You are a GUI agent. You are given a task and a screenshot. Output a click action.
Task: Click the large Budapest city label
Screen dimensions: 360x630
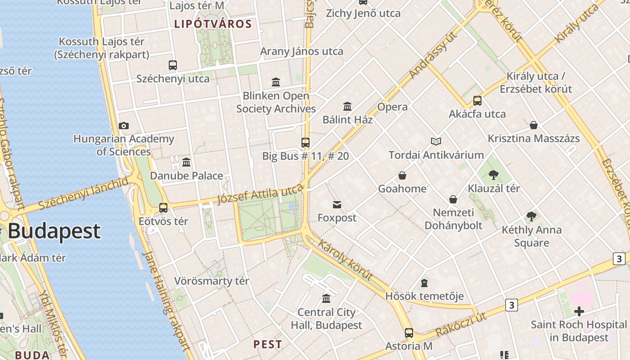[54, 231]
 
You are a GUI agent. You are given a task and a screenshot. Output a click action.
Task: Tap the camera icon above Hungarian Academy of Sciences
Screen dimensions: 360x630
[124, 126]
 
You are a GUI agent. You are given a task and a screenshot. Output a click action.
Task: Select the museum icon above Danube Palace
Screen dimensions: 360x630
[186, 162]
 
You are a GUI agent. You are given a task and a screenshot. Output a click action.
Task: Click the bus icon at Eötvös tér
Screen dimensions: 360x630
[163, 208]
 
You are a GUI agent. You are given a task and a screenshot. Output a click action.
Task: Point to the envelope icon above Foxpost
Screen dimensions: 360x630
[337, 205]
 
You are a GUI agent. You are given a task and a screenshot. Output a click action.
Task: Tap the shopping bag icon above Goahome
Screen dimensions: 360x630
[402, 175]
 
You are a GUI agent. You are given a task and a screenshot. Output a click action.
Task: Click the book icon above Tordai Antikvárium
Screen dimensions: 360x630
[436, 142]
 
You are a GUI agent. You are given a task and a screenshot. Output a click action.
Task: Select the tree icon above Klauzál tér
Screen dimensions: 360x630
[494, 175]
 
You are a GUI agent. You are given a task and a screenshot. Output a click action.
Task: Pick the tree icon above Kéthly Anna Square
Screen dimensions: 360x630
[531, 216]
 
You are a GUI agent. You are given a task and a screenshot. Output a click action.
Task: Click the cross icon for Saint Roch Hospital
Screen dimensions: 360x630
[579, 311]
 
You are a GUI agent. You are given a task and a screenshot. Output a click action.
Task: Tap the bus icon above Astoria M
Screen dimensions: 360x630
[409, 333]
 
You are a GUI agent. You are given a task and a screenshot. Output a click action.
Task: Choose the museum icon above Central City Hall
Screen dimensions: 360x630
[326, 299]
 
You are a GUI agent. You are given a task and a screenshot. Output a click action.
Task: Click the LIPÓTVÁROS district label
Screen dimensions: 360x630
[213, 24]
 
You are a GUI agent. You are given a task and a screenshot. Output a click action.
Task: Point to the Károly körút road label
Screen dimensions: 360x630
[345, 260]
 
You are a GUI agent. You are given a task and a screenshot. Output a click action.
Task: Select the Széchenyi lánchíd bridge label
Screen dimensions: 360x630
[84, 194]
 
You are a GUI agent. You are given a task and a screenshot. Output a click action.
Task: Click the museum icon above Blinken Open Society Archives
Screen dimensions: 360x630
[276, 82]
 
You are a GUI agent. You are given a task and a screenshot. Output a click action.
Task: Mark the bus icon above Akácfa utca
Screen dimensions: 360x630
[477, 101]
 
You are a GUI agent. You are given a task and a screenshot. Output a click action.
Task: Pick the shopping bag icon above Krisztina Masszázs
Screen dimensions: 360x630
[534, 125]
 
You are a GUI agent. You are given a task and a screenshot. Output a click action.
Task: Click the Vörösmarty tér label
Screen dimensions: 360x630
[211, 281]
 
